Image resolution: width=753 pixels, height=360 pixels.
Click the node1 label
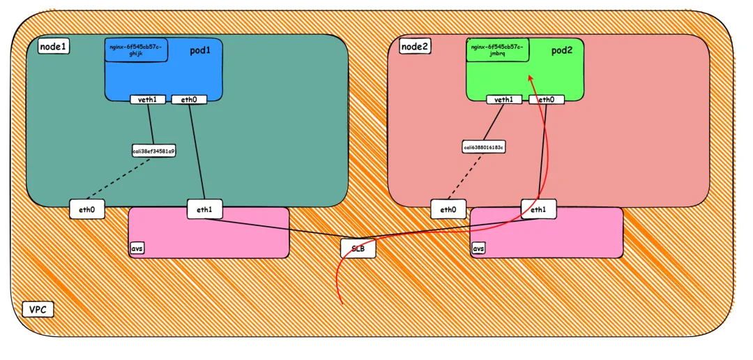point(53,47)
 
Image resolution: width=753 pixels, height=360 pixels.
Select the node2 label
point(415,47)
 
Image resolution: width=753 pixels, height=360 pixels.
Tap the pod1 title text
point(200,51)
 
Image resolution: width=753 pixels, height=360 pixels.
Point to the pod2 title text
point(561,51)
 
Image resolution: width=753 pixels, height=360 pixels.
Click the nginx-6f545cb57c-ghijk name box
point(136,50)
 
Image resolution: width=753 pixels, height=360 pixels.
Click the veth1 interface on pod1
point(148,100)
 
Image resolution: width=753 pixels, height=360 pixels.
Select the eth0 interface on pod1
point(189,100)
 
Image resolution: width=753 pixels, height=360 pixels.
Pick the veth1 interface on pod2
point(504,100)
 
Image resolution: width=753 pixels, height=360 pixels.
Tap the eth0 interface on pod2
point(547,100)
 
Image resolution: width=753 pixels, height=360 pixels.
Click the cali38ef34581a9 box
point(154,151)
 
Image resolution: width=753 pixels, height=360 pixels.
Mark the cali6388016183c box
point(483,147)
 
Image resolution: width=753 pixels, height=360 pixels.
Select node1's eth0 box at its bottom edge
point(87,209)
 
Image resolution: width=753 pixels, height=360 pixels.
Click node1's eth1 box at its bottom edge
point(204,209)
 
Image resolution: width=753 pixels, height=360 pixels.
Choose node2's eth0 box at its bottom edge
point(448,209)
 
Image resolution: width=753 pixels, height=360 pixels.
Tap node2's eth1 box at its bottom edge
point(538,209)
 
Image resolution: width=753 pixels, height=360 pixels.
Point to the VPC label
point(38,309)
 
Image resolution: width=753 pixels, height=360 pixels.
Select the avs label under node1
point(137,248)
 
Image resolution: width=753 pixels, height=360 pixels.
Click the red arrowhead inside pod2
point(530,79)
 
